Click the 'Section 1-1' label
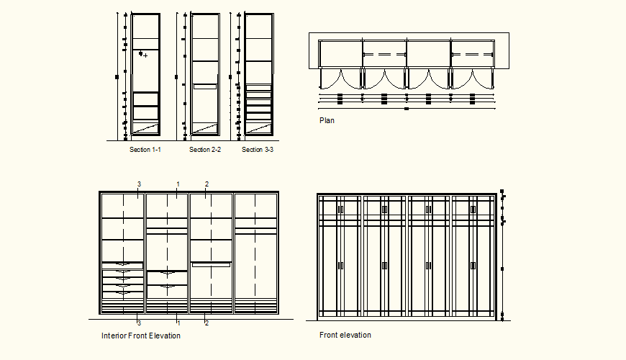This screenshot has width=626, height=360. coord(145,150)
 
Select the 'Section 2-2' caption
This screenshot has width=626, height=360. coord(205,150)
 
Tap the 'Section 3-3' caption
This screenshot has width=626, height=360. coord(258,150)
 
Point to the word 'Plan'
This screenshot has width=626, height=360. coord(327,121)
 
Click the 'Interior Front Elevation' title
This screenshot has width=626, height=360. coord(141,336)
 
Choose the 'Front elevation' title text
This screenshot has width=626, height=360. coord(345,336)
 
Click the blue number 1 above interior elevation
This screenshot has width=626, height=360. coord(178,184)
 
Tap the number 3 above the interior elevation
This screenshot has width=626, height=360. coord(139,184)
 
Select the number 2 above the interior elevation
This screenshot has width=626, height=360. coord(207,184)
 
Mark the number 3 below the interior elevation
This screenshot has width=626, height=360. coord(138,323)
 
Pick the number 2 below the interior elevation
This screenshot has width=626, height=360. coord(207,323)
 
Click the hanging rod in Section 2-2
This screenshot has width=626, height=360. coord(205,86)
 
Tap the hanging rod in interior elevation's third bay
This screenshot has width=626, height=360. coord(210,265)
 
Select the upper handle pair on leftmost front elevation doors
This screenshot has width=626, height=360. coord(340,210)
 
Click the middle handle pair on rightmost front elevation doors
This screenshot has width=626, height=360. coord(473,266)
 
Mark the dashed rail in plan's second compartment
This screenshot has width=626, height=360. coord(384,55)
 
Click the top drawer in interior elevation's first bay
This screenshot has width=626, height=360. coord(122,264)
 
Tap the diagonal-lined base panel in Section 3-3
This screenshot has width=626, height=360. coord(258,127)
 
